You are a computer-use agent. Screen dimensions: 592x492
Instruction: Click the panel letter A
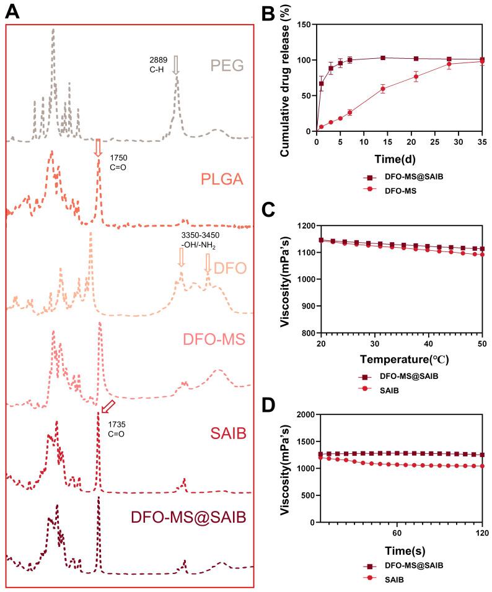pos(13,11)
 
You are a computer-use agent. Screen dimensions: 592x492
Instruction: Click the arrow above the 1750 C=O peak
pos(97,148)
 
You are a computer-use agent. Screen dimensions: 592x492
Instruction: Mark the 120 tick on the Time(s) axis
pos(481,533)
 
